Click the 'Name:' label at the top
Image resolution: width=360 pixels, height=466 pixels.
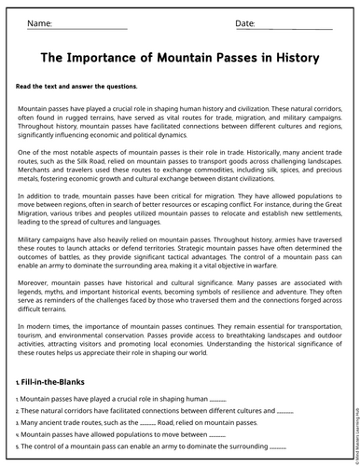39,22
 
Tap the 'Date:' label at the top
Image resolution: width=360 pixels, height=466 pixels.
245,22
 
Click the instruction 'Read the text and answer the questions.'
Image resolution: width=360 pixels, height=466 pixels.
76,86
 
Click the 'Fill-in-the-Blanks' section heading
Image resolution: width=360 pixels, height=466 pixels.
58,383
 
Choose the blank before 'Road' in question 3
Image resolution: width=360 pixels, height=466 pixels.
147,422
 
